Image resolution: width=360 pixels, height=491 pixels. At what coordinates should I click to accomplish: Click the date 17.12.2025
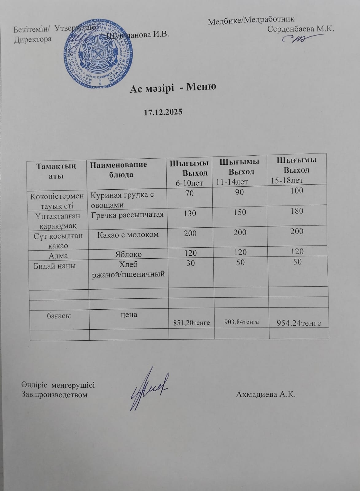[163, 112]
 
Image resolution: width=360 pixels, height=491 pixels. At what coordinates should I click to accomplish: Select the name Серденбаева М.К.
[300, 29]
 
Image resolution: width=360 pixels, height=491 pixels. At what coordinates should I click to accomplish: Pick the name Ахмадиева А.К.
[265, 394]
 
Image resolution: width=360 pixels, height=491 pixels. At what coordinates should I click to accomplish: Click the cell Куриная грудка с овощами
[122, 200]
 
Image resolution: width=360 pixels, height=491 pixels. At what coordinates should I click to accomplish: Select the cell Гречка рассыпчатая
[127, 215]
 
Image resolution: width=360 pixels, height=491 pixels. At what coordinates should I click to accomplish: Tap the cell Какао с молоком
[128, 235]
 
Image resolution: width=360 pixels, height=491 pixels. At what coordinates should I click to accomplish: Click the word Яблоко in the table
[128, 254]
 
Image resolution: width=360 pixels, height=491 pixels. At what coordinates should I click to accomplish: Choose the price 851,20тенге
[192, 323]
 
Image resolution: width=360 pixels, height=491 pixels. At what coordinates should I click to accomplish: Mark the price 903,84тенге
[242, 322]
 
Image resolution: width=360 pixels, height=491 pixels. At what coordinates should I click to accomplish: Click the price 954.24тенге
[299, 323]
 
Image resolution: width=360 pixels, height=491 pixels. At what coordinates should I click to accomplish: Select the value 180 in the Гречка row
[296, 211]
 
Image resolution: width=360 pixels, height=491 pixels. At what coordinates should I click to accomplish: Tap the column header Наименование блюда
[118, 169]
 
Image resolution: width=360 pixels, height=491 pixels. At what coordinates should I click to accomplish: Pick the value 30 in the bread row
[190, 263]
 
